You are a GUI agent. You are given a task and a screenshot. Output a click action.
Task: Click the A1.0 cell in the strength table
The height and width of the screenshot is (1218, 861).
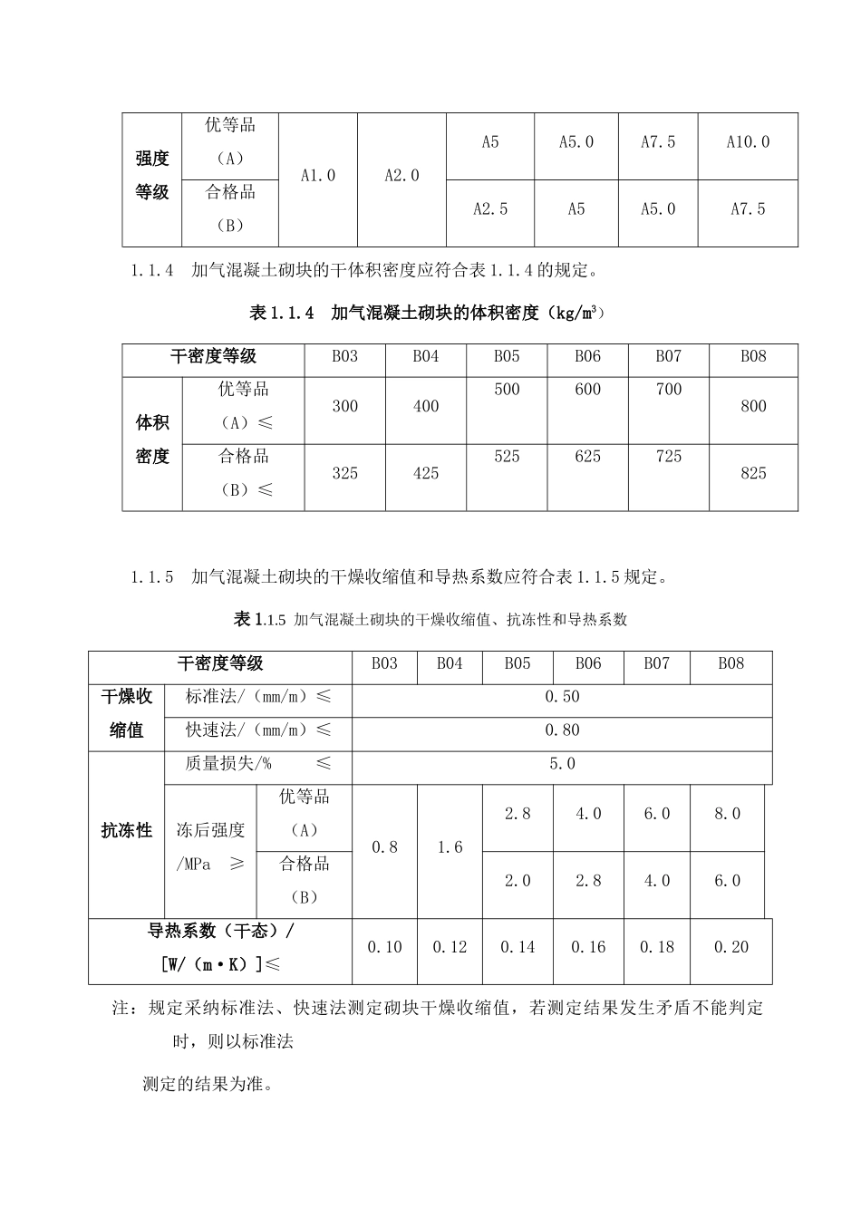point(318,176)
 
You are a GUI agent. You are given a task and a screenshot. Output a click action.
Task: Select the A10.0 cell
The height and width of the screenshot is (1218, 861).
point(748,142)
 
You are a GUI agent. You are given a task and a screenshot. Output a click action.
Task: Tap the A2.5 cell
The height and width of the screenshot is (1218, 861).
point(490,209)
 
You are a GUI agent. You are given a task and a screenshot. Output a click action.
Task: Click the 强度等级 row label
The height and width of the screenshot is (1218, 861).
point(152,176)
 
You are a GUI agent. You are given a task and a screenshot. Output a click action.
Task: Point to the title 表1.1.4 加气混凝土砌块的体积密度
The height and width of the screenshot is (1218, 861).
point(426,314)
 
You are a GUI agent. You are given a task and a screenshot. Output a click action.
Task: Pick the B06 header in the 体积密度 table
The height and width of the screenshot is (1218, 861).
point(587,357)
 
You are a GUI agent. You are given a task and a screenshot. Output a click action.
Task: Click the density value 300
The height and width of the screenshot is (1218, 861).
point(345,406)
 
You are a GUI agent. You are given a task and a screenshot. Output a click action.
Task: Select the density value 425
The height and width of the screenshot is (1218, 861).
point(426,473)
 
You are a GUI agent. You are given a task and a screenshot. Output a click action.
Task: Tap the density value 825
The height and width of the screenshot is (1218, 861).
point(753,473)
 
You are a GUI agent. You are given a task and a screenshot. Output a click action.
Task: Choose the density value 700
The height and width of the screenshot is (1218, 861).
point(668,390)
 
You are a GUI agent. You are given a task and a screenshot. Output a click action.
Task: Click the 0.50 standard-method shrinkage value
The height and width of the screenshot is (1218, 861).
point(562,697)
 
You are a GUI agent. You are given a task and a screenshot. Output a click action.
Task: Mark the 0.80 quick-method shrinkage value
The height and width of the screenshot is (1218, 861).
point(562,730)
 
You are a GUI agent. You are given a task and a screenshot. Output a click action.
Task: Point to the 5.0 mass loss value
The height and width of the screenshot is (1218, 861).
point(562,764)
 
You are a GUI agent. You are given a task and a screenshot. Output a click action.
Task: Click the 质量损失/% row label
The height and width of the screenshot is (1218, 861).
point(228,764)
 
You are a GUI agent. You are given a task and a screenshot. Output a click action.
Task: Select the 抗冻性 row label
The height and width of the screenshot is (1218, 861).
point(126,830)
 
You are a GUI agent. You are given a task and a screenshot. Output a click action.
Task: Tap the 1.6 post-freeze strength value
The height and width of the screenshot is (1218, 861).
point(450,847)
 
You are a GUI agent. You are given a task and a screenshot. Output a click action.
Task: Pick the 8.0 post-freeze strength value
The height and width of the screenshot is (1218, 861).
point(727,814)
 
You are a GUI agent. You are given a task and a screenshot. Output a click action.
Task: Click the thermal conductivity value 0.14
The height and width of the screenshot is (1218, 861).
point(518,947)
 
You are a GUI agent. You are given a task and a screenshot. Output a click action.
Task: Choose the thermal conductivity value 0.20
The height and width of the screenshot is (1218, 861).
point(730,947)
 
